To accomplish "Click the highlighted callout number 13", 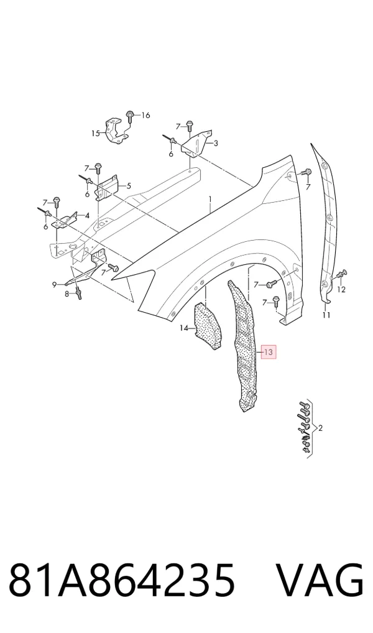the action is tap(269, 352).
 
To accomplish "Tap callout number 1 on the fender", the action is tap(210, 199).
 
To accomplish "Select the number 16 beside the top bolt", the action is tap(145, 116).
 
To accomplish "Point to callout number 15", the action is tap(95, 133).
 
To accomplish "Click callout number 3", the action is tap(216, 143).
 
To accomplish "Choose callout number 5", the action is tap(129, 186).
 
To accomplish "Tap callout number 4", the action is tap(87, 215).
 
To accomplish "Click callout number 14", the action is tap(184, 328).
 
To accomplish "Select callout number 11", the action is tap(326, 315).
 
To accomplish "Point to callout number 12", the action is tap(341, 290).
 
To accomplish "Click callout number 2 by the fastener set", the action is tap(321, 428).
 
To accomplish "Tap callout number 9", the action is tap(55, 285).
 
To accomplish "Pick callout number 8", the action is tap(67, 294).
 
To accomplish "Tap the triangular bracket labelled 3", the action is tap(197, 144).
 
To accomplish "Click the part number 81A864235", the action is tap(121, 581).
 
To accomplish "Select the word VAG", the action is tap(320, 581).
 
